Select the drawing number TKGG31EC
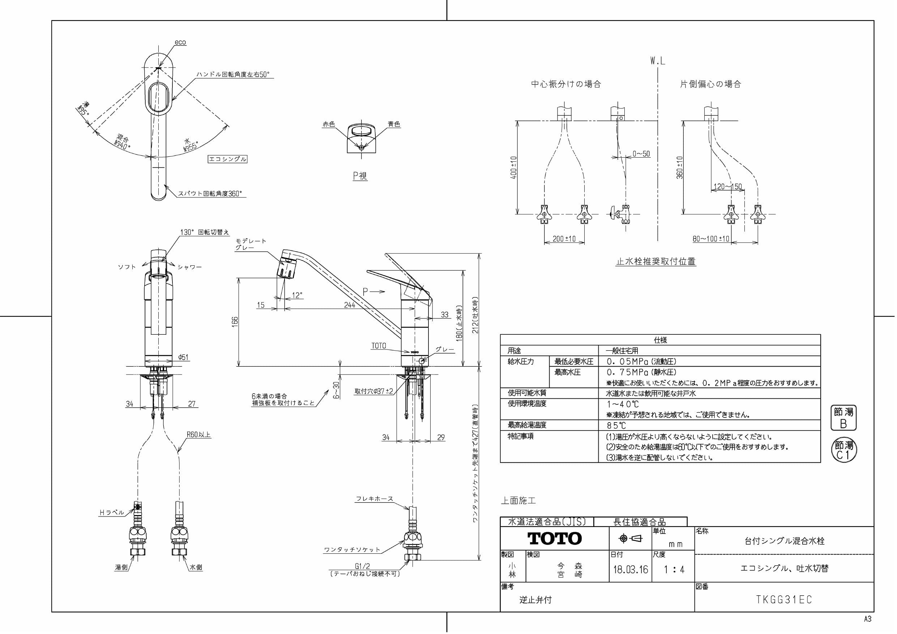pyautogui.click(x=784, y=599)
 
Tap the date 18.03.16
pyautogui.click(x=630, y=569)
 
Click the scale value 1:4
pyautogui.click(x=674, y=569)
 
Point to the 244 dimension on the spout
pyautogui.click(x=349, y=305)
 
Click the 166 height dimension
pyautogui.click(x=234, y=321)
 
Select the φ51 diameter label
pyautogui.click(x=183, y=357)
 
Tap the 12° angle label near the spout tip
pyautogui.click(x=297, y=295)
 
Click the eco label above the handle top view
pyautogui.click(x=180, y=42)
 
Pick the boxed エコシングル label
pyautogui.click(x=227, y=159)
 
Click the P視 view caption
pyautogui.click(x=360, y=176)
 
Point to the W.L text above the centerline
pyautogui.click(x=658, y=61)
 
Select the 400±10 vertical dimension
pyautogui.click(x=514, y=168)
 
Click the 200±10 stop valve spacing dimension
pyautogui.click(x=564, y=239)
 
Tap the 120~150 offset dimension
pyautogui.click(x=727, y=187)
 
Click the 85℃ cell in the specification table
pyautogui.click(x=616, y=425)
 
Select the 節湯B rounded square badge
pyautogui.click(x=843, y=417)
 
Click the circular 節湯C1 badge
pyautogui.click(x=843, y=450)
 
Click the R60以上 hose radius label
pyautogui.click(x=198, y=434)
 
